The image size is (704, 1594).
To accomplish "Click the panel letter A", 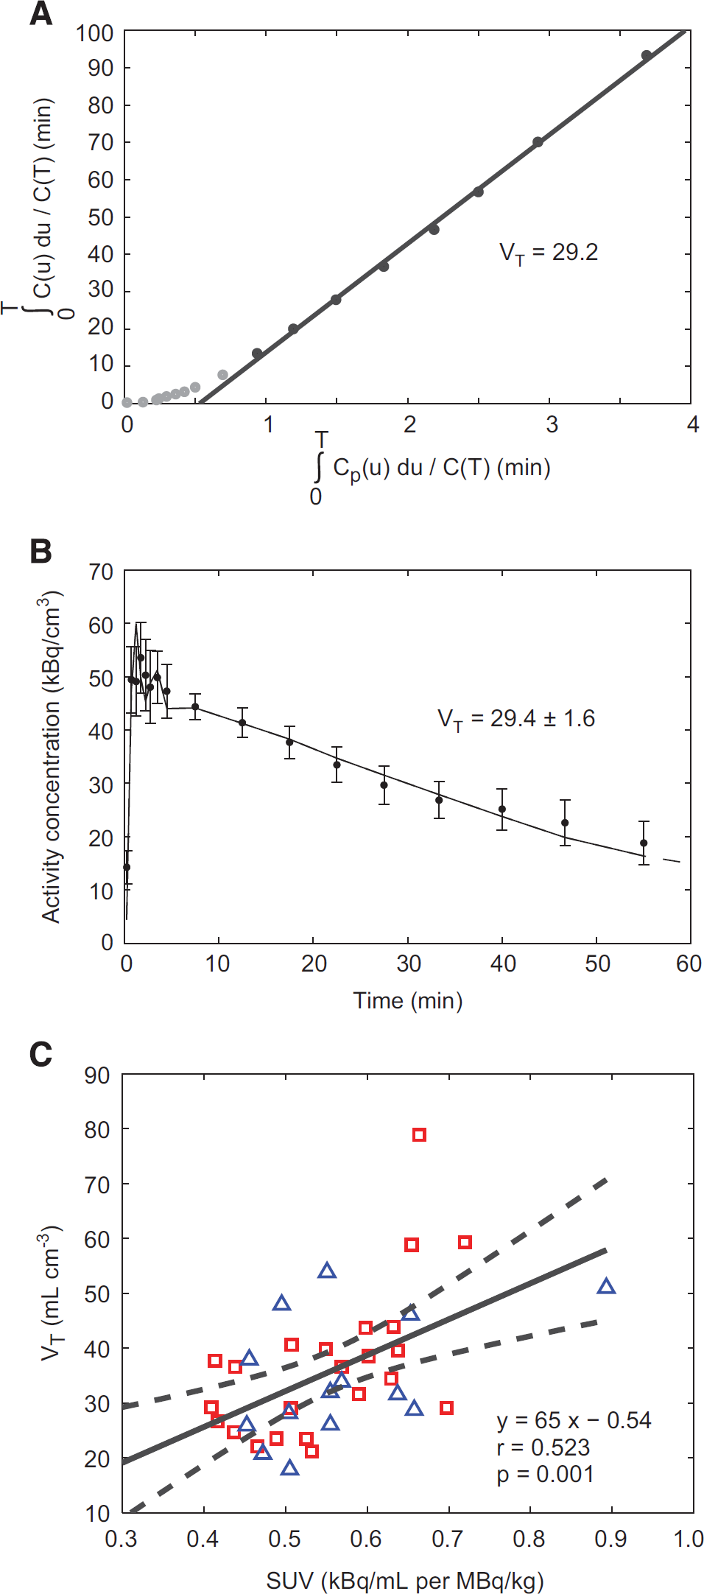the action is pyautogui.click(x=41, y=13).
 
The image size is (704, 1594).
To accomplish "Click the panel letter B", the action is pyautogui.click(x=41, y=551).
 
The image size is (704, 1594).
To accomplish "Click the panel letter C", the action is pyautogui.click(x=41, y=1054).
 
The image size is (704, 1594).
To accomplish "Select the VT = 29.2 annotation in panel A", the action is pyautogui.click(x=549, y=253).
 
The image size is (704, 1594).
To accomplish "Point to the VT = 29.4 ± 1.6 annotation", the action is pyautogui.click(x=516, y=719).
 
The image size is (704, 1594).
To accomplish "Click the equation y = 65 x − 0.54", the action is pyautogui.click(x=574, y=1420).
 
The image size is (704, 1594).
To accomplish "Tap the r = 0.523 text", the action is pyautogui.click(x=543, y=1447).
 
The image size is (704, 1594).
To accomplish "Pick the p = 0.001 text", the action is pyautogui.click(x=545, y=1474).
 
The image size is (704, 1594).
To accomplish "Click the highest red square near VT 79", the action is pyautogui.click(x=419, y=1135).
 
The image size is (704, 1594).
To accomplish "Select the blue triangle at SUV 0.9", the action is pyautogui.click(x=606, y=1287).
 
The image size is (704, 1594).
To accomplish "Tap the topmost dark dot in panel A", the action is pyautogui.click(x=646, y=55).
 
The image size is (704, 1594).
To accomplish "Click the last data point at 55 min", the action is pyautogui.click(x=644, y=843).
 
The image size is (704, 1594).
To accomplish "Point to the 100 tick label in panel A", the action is pyautogui.click(x=94, y=33).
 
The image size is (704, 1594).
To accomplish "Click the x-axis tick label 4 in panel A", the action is pyautogui.click(x=692, y=424).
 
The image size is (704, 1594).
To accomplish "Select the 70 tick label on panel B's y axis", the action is pyautogui.click(x=101, y=572).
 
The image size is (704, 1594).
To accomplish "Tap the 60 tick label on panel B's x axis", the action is pyautogui.click(x=689, y=963).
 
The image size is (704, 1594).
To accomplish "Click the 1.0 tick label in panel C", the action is pyautogui.click(x=689, y=1539).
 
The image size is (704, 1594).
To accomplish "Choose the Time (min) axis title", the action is pyautogui.click(x=408, y=1000).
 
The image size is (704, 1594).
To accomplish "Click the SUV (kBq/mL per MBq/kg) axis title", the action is pyautogui.click(x=405, y=1580).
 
